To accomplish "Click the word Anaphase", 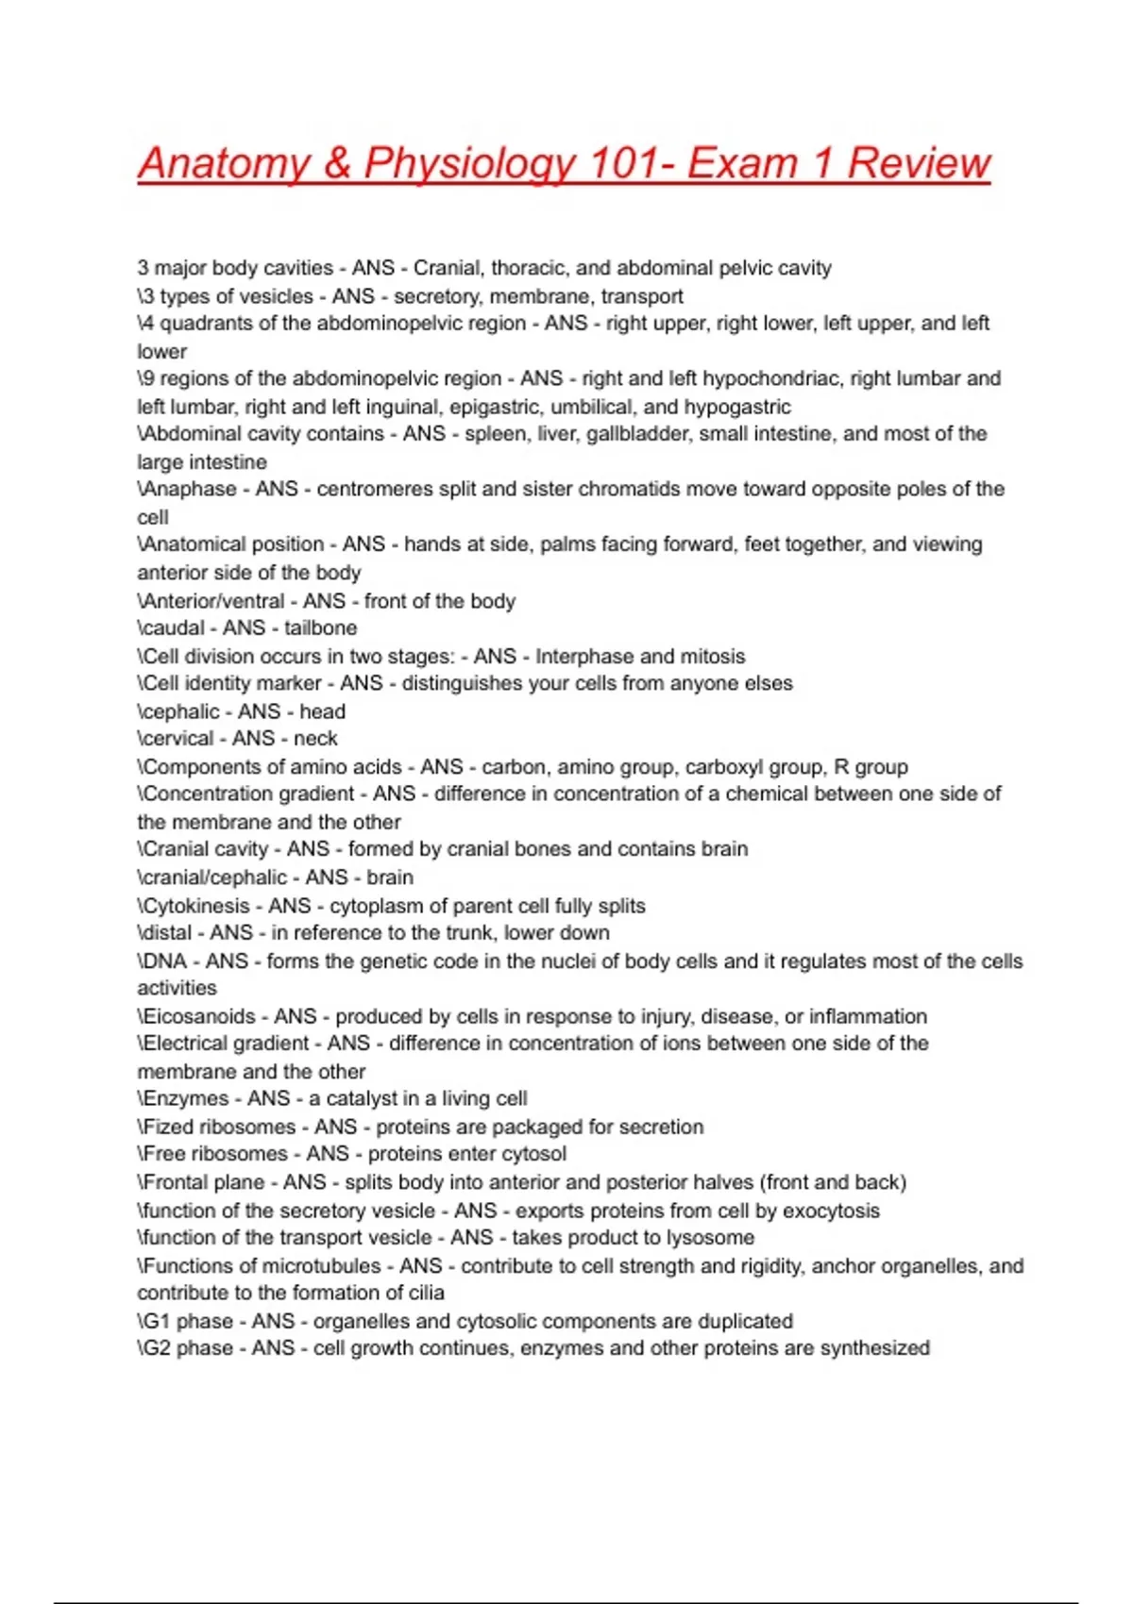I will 189,489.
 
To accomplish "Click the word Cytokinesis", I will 199,906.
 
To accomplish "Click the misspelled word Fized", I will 168,1127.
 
